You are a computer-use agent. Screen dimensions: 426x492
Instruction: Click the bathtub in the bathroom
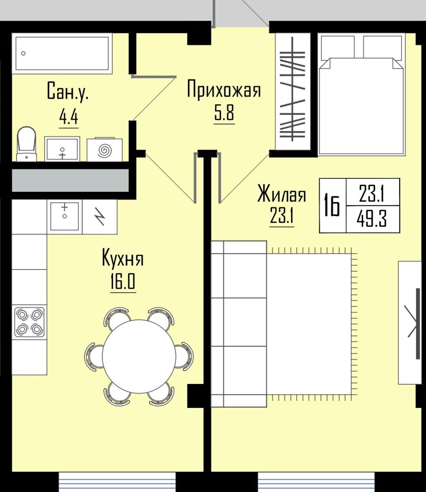coord(62,53)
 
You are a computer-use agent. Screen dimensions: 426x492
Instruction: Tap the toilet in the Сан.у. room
coord(26,144)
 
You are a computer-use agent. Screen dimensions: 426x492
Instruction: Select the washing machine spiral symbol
coord(105,150)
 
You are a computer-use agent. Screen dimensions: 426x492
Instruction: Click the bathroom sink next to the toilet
coord(62,149)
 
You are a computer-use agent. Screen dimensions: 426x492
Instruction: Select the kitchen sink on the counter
coord(65,216)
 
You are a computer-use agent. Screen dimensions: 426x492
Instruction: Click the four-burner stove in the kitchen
coord(30,322)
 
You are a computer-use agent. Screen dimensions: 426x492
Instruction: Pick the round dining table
coord(139,356)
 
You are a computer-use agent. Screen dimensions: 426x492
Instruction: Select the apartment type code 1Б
coord(332,205)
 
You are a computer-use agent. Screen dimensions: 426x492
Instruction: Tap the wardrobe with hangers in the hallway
coord(293,92)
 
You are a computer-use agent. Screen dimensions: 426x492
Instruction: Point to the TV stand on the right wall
coord(410,322)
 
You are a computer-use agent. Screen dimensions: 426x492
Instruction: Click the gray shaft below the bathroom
coord(71,180)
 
